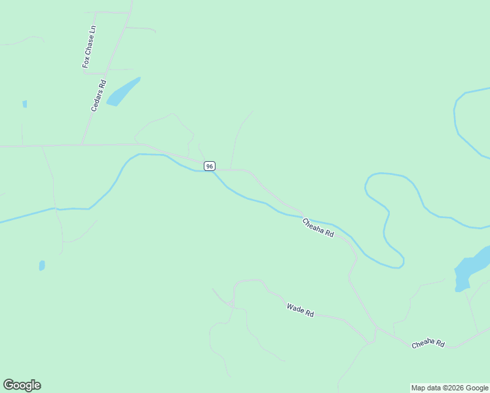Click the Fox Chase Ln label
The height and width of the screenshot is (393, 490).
(x=89, y=47)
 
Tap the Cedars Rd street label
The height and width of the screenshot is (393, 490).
(x=98, y=96)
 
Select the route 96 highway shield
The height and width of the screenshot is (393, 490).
(x=209, y=166)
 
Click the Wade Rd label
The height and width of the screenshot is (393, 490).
(x=300, y=310)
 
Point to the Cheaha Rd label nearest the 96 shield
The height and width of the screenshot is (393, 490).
(x=318, y=228)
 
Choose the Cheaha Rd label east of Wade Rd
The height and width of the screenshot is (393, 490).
(x=428, y=344)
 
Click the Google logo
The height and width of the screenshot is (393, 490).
(x=22, y=385)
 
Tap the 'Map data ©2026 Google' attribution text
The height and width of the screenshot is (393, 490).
(x=450, y=388)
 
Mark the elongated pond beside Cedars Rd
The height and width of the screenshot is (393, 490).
(x=122, y=92)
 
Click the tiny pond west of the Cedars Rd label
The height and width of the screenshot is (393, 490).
(x=25, y=103)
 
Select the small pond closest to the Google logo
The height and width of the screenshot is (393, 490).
(x=42, y=265)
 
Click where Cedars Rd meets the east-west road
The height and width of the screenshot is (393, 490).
(x=82, y=144)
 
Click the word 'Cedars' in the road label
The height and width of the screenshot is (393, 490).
(x=96, y=102)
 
